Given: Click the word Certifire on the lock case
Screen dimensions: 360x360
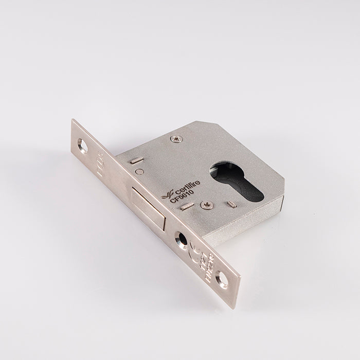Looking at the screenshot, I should (181, 193).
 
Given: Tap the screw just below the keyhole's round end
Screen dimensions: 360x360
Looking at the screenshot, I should (206, 205).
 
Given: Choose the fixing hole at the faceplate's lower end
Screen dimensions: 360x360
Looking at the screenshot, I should (222, 281).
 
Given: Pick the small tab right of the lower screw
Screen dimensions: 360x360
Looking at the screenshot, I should (232, 205).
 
